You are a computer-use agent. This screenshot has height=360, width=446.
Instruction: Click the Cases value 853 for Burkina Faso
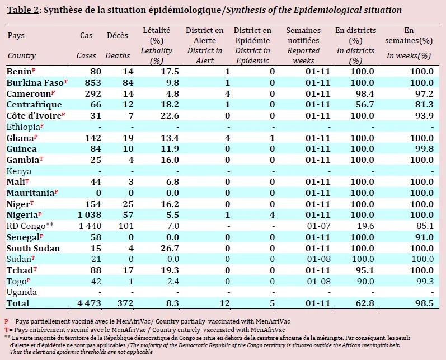(x=93, y=82)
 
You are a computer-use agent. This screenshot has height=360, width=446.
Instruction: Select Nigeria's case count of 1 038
(x=90, y=215)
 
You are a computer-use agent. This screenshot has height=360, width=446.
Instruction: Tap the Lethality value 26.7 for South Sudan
(x=170, y=248)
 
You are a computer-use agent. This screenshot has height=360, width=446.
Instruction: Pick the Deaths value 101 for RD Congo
(x=126, y=226)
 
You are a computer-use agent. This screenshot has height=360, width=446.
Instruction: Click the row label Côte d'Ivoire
(x=34, y=116)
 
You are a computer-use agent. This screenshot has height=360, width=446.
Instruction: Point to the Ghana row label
(x=20, y=138)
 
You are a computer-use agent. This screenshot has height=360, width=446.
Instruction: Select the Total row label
(x=18, y=303)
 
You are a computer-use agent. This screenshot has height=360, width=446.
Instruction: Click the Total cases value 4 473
(x=90, y=303)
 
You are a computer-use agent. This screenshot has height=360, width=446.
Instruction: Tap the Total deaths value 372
(x=125, y=303)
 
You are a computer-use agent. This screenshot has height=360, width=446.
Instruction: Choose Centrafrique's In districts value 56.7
(x=365, y=105)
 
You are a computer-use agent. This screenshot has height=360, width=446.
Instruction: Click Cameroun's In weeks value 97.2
(x=424, y=93)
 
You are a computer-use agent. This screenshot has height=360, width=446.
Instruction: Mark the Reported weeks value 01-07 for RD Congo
(x=318, y=226)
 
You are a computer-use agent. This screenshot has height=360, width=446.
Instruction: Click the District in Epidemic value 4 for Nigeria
(x=272, y=215)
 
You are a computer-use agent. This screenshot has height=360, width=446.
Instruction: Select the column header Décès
(x=118, y=35)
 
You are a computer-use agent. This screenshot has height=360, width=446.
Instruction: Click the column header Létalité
(x=157, y=30)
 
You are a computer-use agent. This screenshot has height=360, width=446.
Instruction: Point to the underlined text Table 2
(x=23, y=10)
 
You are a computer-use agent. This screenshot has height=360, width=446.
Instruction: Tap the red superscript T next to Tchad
(x=35, y=268)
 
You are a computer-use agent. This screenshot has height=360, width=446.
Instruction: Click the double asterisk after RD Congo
(x=50, y=225)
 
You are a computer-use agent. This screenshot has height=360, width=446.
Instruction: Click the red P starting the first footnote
(x=6, y=321)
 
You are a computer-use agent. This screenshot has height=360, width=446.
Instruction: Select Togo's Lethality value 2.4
(x=172, y=282)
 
